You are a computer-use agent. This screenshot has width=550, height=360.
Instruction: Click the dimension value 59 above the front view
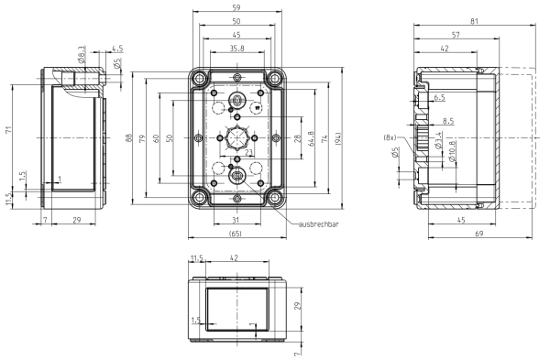(236, 7)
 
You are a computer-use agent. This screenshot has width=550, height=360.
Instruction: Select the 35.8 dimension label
(237, 49)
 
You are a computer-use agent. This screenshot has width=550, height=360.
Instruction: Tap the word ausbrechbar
(319, 224)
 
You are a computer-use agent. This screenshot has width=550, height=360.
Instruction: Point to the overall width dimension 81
(474, 21)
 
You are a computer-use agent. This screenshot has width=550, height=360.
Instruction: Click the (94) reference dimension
(337, 138)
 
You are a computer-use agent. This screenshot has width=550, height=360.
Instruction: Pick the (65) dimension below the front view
(235, 234)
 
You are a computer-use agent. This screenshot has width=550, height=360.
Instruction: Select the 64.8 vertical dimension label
(311, 138)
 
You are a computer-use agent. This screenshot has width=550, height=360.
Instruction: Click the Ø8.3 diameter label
(82, 54)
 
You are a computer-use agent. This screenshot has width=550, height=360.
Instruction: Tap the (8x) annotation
(390, 137)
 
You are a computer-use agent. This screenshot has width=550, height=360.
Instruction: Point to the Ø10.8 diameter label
(451, 151)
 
